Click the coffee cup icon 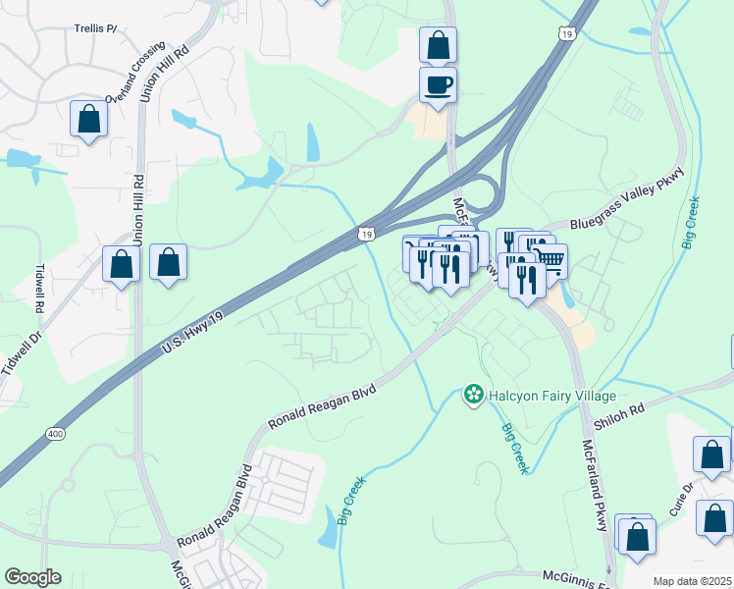(x=438, y=83)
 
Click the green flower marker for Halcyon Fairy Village (x=474, y=395)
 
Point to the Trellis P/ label (x=95, y=28)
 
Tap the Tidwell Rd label (x=40, y=288)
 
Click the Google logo (x=32, y=577)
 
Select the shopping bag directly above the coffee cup (x=438, y=44)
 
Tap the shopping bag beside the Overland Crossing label (x=88, y=119)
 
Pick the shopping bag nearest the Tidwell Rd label (x=121, y=263)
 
